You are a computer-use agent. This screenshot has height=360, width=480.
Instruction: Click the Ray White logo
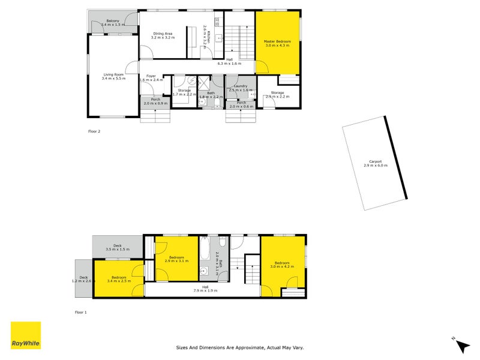(26, 335)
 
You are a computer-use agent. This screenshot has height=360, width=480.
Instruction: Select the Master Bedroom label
(278, 43)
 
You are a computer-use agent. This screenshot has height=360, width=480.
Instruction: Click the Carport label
(376, 163)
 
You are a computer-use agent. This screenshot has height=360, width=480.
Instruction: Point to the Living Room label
(113, 76)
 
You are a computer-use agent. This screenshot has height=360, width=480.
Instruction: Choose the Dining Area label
(163, 35)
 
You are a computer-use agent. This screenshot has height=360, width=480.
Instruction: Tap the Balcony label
(113, 23)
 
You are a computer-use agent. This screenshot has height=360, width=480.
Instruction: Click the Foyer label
(151, 77)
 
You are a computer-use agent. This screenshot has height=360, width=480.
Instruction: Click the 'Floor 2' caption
(94, 130)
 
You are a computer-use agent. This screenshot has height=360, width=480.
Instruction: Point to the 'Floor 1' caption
(80, 312)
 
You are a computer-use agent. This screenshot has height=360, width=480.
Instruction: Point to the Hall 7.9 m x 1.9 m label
(205, 289)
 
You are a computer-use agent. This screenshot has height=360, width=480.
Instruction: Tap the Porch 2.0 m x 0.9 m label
(155, 101)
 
